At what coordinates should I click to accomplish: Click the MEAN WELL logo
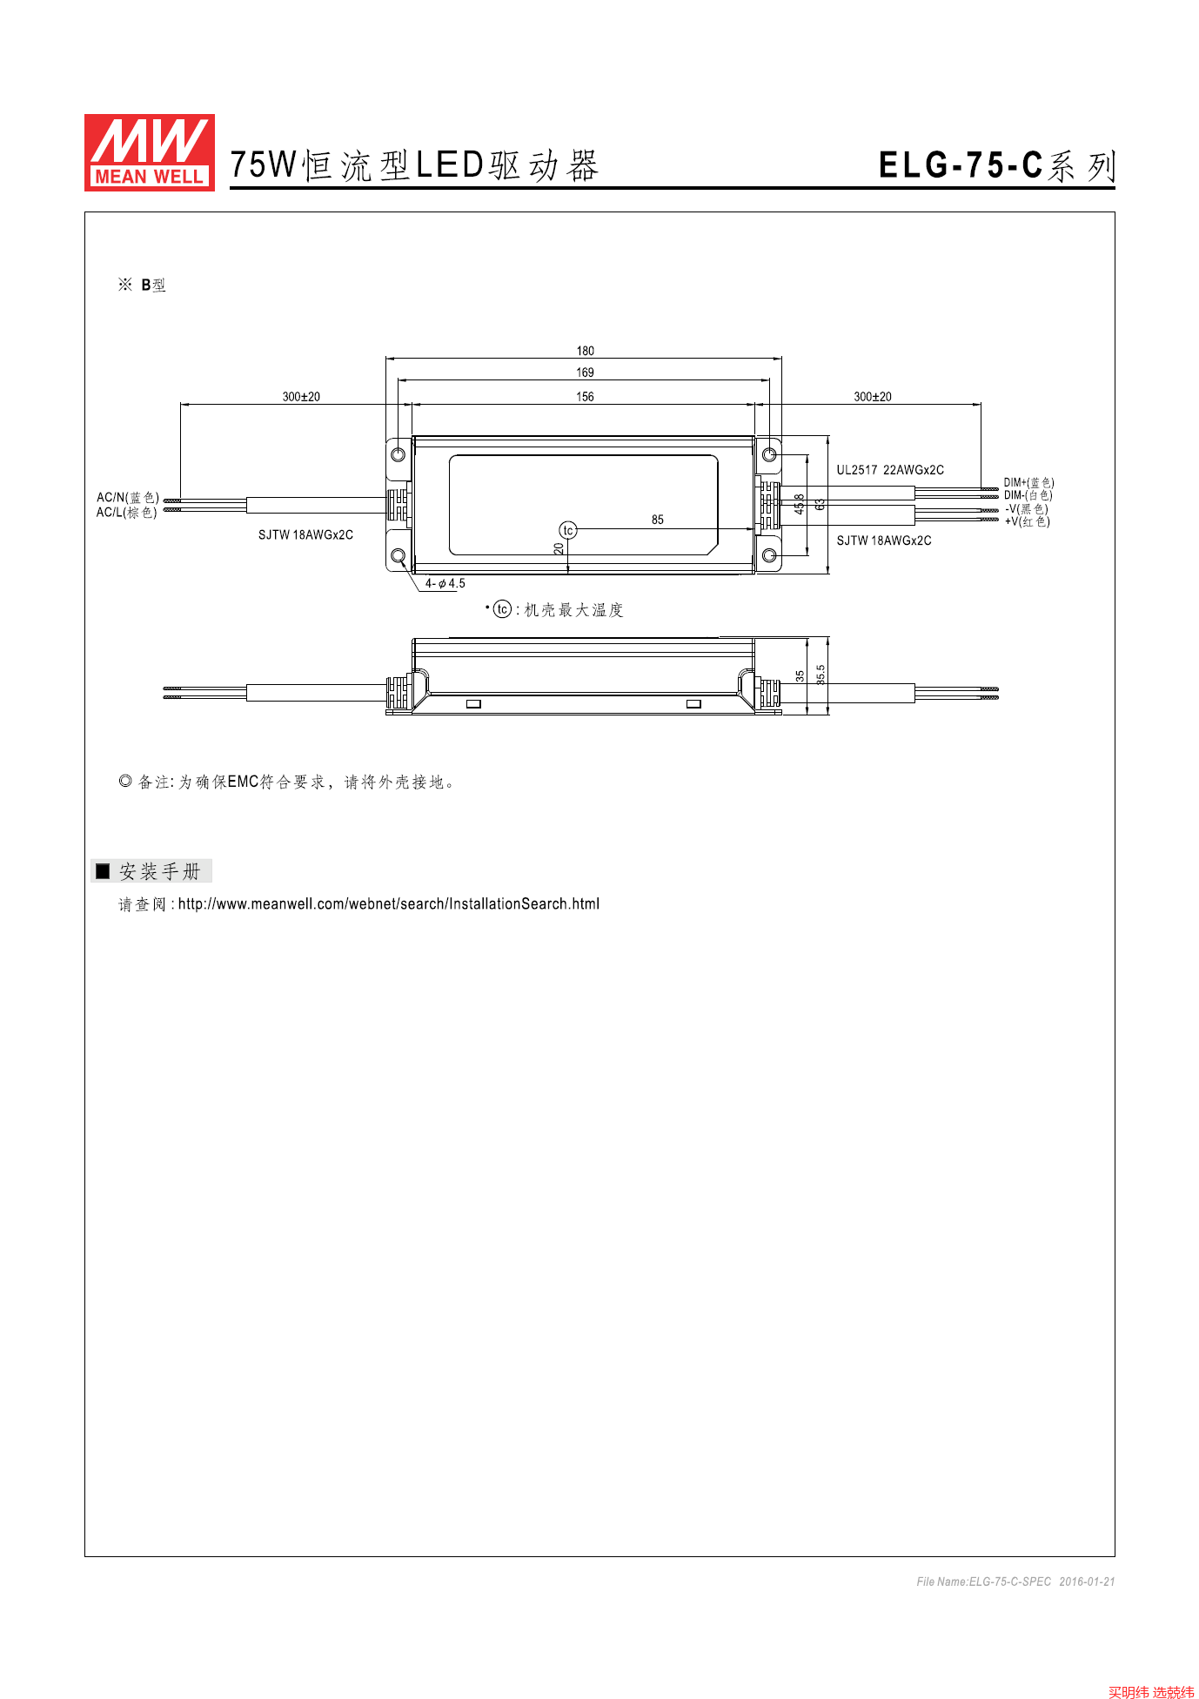pos(150,152)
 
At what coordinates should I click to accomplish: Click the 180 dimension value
pos(585,351)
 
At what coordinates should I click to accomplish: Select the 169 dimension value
pos(585,373)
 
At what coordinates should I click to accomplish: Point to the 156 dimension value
pos(585,397)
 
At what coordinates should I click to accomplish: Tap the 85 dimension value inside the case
pos(658,520)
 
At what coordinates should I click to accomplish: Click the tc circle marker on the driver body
pos(567,530)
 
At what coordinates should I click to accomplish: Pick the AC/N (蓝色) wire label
pos(127,498)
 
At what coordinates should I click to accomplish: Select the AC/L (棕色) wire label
pos(127,513)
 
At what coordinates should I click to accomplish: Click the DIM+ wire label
pos(1028,482)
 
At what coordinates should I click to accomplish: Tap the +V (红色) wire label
pos(1027,521)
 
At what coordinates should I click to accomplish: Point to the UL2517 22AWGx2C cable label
pos(890,470)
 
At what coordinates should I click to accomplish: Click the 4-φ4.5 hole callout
pos(445,584)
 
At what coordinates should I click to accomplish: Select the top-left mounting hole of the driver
pos(399,455)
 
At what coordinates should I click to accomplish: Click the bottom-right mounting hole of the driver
pos(769,555)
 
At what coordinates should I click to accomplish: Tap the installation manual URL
pos(389,904)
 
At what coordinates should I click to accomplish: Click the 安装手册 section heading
pos(160,871)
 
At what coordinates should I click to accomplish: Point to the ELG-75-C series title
pos(996,165)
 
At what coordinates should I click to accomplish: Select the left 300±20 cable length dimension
pos(301,397)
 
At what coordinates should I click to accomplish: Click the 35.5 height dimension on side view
pos(821,675)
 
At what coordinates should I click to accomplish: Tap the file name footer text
pos(1015,1581)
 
